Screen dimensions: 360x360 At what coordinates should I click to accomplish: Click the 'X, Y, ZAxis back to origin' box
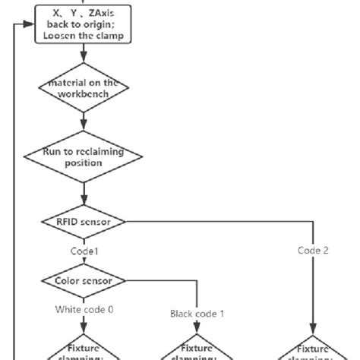[84, 24]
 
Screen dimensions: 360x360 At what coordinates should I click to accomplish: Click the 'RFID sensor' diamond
[84, 223]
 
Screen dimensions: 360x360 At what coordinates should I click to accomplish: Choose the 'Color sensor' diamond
[84, 280]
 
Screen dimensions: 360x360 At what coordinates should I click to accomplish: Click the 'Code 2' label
[313, 251]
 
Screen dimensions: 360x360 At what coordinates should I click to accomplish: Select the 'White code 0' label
[83, 309]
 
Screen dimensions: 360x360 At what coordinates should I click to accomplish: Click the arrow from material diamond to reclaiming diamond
[84, 124]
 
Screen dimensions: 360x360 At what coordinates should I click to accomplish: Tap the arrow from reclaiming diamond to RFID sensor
[84, 191]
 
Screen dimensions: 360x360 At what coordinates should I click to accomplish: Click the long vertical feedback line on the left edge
[14, 190]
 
